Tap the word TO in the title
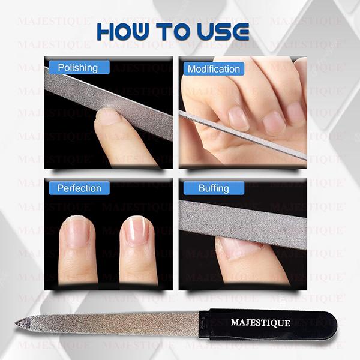(x=174, y=31)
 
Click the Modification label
(x=214, y=69)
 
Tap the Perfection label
(x=79, y=188)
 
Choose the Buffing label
(x=214, y=188)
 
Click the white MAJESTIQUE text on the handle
(x=260, y=323)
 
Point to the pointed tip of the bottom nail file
(x=18, y=324)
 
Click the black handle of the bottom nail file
(x=270, y=323)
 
